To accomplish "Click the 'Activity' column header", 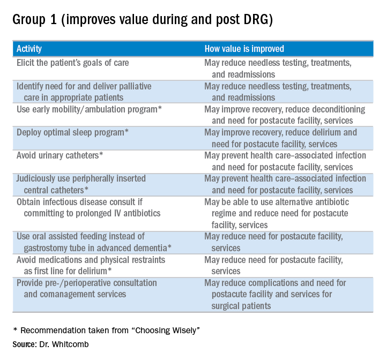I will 29,49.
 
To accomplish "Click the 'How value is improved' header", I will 244,49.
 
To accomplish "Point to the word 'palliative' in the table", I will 132,86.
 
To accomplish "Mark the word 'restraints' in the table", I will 145,259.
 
